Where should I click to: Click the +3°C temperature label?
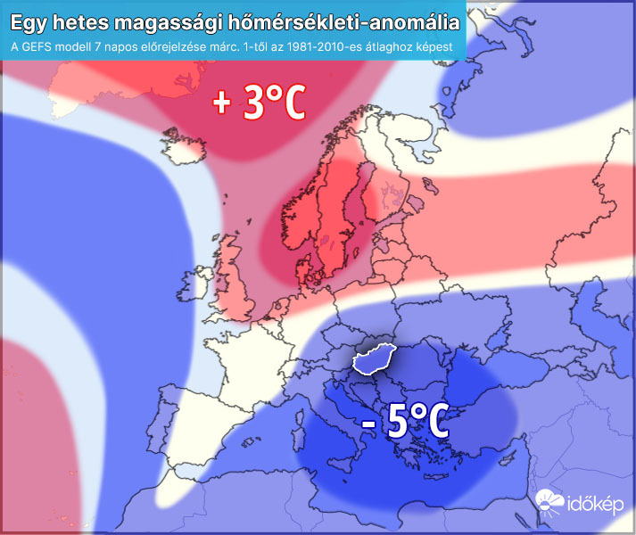click(259, 103)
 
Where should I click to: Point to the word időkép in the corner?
click(596, 509)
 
